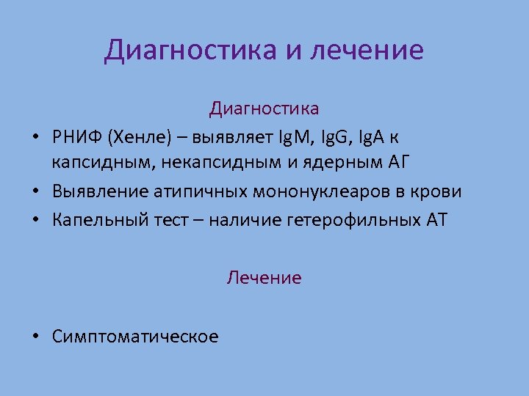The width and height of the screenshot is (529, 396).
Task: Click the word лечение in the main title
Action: point(367,51)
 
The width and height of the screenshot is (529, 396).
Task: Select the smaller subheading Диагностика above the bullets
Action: point(264,109)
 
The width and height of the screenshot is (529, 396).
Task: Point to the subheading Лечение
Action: point(264,278)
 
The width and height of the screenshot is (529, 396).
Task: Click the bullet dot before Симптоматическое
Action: point(35,337)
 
